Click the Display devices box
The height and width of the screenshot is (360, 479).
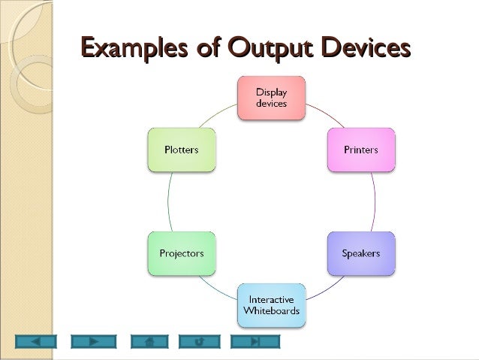tap(271, 98)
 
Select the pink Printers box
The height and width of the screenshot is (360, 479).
tap(361, 150)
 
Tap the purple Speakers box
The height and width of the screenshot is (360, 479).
tap(361, 253)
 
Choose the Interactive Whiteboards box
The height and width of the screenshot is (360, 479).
tap(271, 304)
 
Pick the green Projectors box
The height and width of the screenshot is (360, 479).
tap(181, 253)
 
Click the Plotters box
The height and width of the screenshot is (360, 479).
tap(181, 150)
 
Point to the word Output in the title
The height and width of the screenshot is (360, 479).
tap(267, 49)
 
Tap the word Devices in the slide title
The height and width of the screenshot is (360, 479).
tap(366, 49)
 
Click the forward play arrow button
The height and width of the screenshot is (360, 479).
tap(94, 341)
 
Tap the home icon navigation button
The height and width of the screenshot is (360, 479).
tap(149, 341)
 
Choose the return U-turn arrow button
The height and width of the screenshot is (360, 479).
tap(199, 341)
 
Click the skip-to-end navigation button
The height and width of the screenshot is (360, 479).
tap(255, 341)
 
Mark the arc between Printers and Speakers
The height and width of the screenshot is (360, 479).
tap(375, 201)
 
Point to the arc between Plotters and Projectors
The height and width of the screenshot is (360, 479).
tap(168, 201)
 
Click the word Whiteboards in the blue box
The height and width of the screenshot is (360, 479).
tap(271, 310)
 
